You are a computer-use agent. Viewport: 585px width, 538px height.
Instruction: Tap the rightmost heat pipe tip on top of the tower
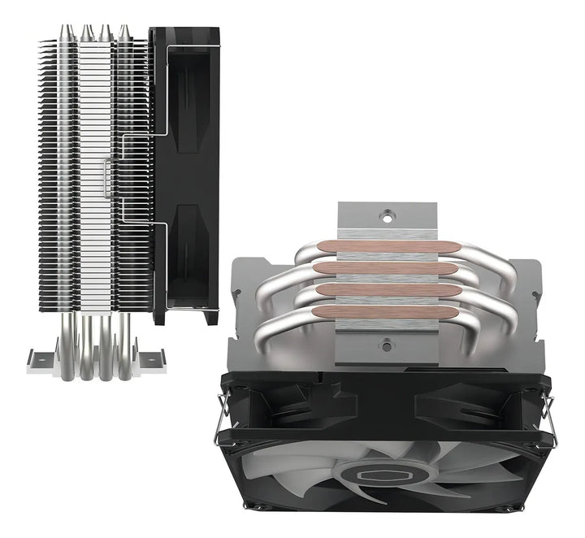coord(123,32)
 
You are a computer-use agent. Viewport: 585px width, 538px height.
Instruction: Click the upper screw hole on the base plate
coord(387,216)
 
